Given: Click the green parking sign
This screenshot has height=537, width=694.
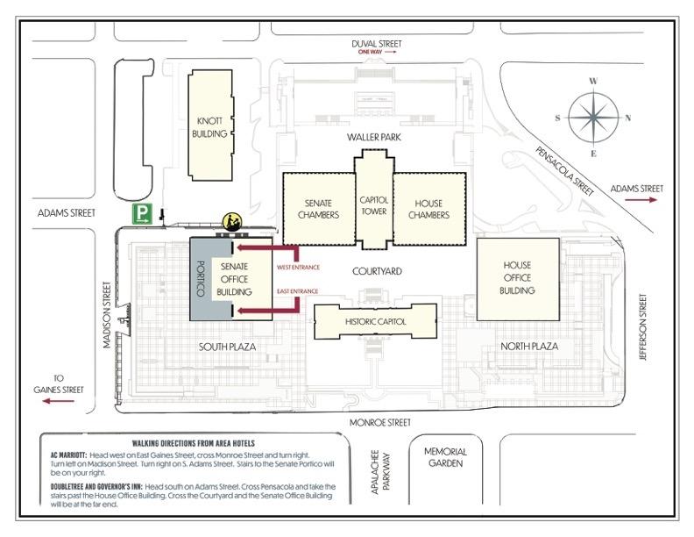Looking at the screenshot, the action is [x=142, y=213].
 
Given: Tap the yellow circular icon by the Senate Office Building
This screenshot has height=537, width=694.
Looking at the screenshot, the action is [x=232, y=221].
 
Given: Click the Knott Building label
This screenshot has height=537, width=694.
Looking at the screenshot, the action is [x=209, y=127].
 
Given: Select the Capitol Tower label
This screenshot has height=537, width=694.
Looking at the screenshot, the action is [x=374, y=205].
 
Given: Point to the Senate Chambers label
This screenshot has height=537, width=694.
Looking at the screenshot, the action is [x=318, y=209].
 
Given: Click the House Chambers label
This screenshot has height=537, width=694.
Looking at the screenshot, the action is [x=428, y=209].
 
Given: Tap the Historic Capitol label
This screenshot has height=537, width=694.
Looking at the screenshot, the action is [x=375, y=322].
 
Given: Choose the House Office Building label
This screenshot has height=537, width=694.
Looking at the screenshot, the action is [x=517, y=278].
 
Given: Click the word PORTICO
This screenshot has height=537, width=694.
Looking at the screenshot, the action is [x=201, y=278].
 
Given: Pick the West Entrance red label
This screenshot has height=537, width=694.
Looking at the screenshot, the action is [x=298, y=267].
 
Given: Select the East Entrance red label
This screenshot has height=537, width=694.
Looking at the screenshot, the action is [x=297, y=291].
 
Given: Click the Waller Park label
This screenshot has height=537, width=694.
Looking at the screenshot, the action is [x=374, y=137].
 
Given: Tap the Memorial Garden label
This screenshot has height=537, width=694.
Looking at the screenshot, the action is [x=445, y=457].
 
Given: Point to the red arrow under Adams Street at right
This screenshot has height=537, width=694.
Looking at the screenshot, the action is [x=641, y=200].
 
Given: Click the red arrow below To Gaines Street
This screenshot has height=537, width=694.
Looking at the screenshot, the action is [x=59, y=401].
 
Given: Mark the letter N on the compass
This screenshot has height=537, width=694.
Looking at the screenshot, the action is [x=628, y=118].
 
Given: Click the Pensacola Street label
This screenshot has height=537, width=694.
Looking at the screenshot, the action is [x=565, y=171].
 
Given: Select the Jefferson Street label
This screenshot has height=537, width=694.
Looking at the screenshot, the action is [x=643, y=327].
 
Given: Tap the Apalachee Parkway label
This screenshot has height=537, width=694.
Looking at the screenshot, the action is [x=380, y=472].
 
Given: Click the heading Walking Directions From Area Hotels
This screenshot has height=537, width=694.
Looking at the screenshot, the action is [x=194, y=443].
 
